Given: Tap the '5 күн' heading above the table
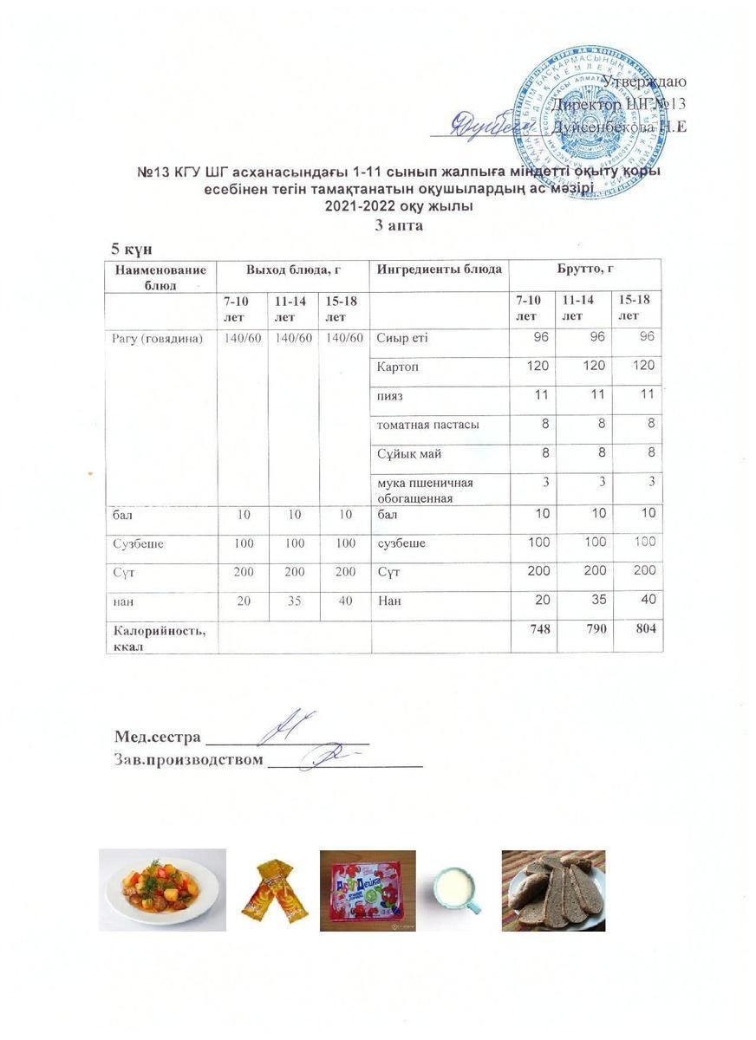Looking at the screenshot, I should (x=130, y=249).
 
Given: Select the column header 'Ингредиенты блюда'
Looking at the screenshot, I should (x=440, y=270).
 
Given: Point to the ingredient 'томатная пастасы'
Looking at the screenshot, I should (x=427, y=425).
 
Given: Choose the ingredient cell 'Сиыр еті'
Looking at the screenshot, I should (x=402, y=338).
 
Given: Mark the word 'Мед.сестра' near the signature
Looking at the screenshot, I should (x=157, y=737).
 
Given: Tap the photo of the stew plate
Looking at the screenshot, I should (x=163, y=889).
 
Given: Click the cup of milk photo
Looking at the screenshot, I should (x=456, y=889).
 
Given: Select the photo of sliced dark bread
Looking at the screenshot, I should (x=553, y=890).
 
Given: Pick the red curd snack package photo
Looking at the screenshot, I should (x=368, y=890).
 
